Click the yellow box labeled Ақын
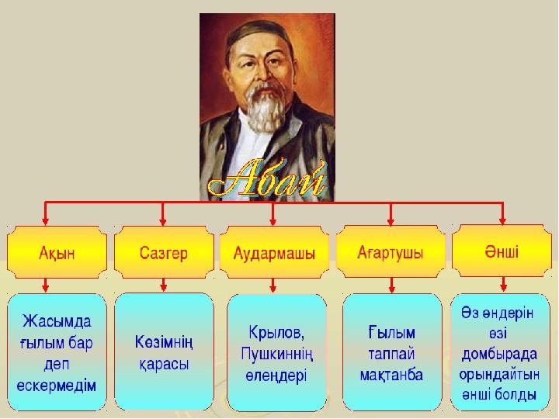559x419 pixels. click(x=57, y=252)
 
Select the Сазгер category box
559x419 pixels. click(x=164, y=252)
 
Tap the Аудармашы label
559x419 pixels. click(x=274, y=253)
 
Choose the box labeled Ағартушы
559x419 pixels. click(x=391, y=251)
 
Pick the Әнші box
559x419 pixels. click(x=502, y=251)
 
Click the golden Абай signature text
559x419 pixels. click(x=268, y=180)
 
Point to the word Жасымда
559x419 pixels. click(x=57, y=321)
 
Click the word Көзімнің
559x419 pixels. click(x=164, y=343)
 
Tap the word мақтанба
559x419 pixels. click(x=391, y=375)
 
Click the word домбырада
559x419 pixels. click(x=499, y=354)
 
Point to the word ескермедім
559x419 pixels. click(x=57, y=386)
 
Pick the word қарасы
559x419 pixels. click(x=164, y=365)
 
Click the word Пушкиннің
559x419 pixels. click(x=277, y=354)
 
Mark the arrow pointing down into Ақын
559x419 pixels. click(x=45, y=213)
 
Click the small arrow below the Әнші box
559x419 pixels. click(x=503, y=284)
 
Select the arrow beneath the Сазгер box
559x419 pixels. click(x=163, y=285)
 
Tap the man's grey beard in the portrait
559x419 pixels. click(x=263, y=107)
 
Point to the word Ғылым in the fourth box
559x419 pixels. click(x=391, y=333)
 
